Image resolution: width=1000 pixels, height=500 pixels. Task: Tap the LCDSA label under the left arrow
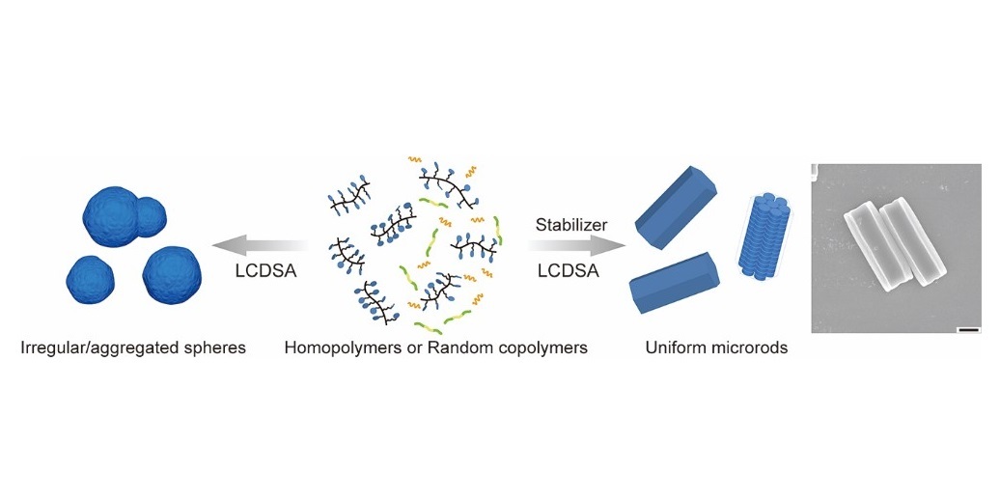(264, 271)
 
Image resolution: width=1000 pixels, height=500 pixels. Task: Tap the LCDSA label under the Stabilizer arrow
(569, 271)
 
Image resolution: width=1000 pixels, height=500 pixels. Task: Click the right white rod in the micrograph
(912, 243)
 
